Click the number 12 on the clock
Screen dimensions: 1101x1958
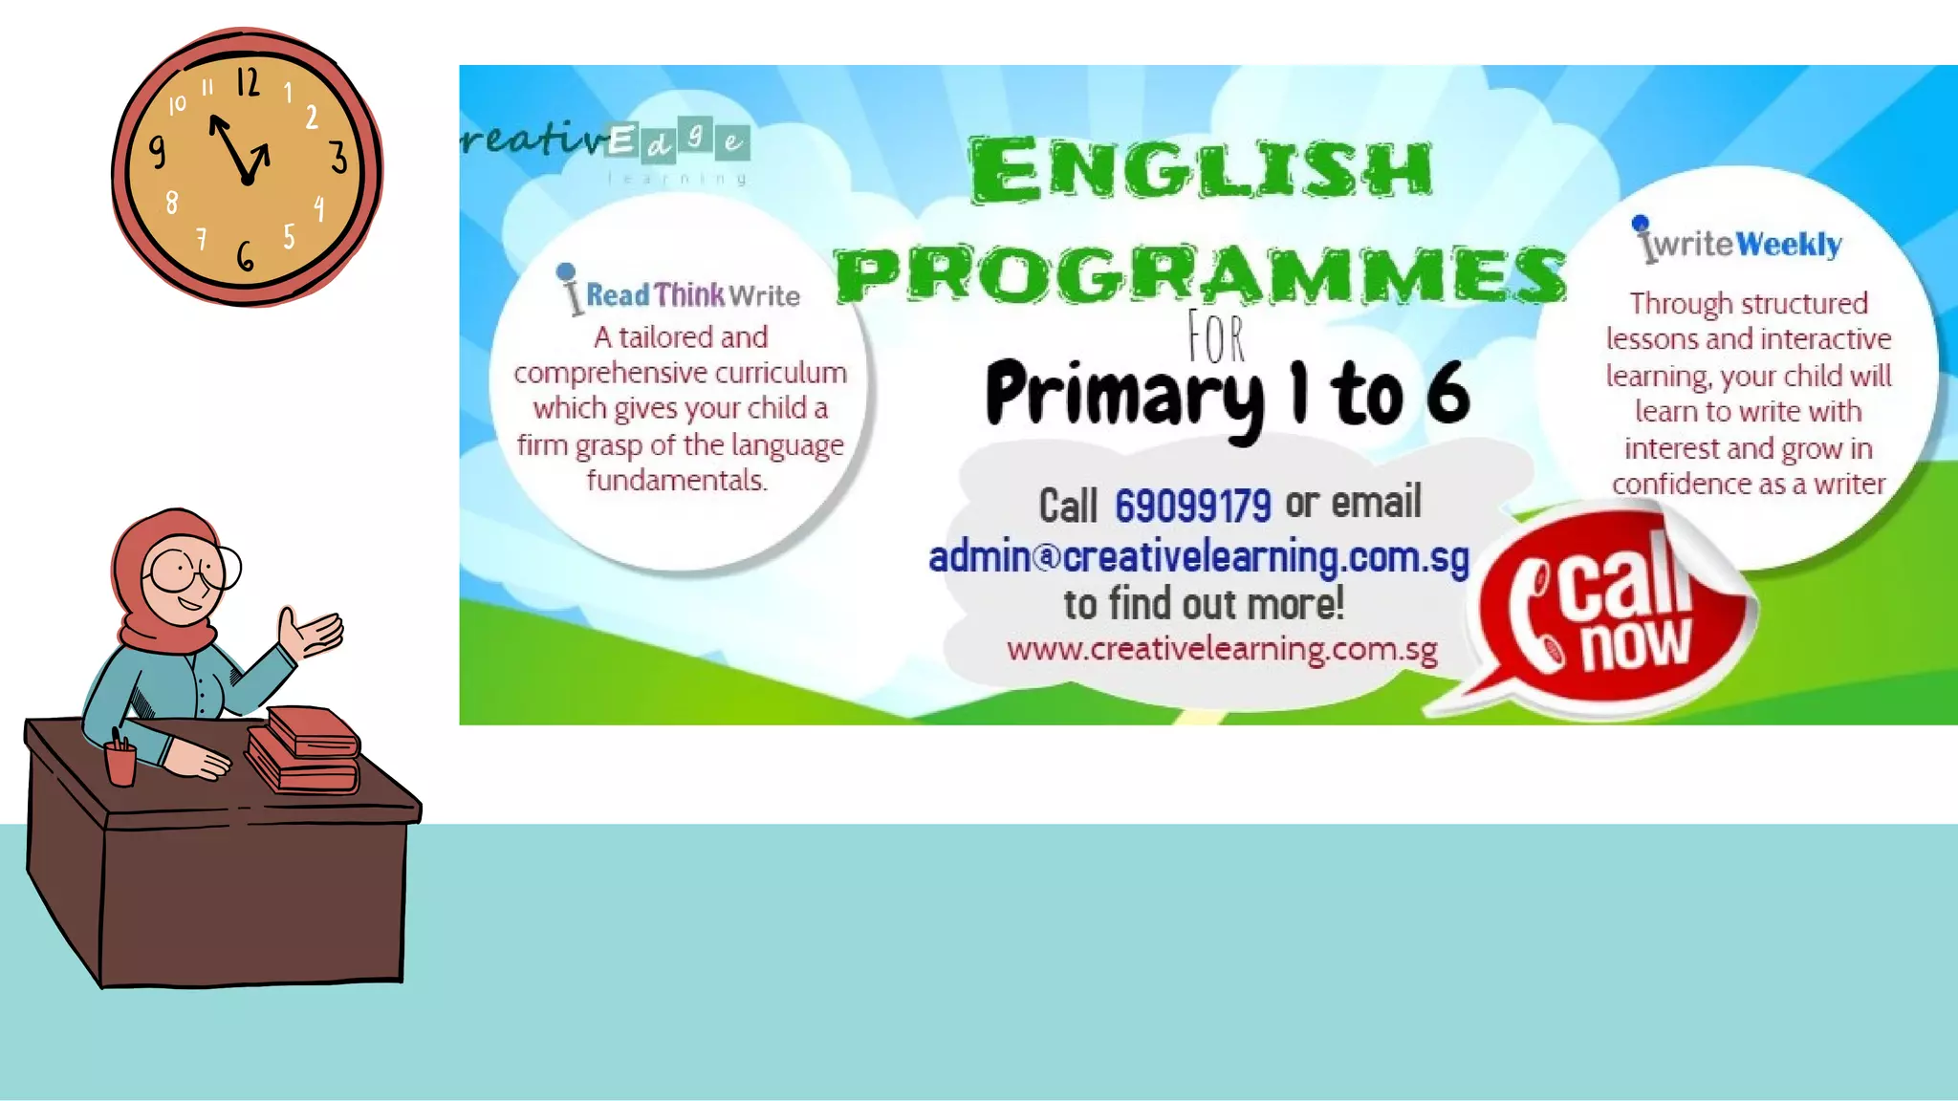pos(248,82)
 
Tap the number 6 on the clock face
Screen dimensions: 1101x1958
pos(246,256)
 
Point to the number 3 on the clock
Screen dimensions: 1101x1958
pos(338,157)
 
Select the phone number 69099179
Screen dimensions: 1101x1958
pos(1192,505)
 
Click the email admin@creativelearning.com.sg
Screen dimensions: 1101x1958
pos(1198,556)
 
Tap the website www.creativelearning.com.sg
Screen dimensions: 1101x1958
pos(1221,649)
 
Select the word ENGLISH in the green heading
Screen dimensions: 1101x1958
pos(1201,170)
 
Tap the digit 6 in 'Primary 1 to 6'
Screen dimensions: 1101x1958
pos(1447,393)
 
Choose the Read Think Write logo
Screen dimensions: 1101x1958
pos(680,292)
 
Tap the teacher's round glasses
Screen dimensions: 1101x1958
pos(194,570)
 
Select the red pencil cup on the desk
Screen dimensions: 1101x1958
pos(120,763)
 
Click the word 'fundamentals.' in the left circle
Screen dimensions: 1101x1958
pos(677,480)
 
